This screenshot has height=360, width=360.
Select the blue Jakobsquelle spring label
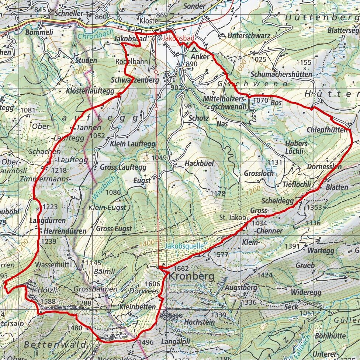pyautogui.click(x=182, y=245)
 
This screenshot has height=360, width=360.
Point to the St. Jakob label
pyautogui.click(x=232, y=218)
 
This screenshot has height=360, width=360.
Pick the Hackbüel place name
pyautogui.click(x=199, y=163)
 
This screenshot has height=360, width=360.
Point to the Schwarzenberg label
pyautogui.click(x=135, y=80)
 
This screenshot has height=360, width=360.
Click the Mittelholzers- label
pyautogui.click(x=224, y=99)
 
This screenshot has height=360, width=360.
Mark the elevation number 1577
pyautogui.click(x=221, y=255)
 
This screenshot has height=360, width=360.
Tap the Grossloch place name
pyautogui.click(x=259, y=173)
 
